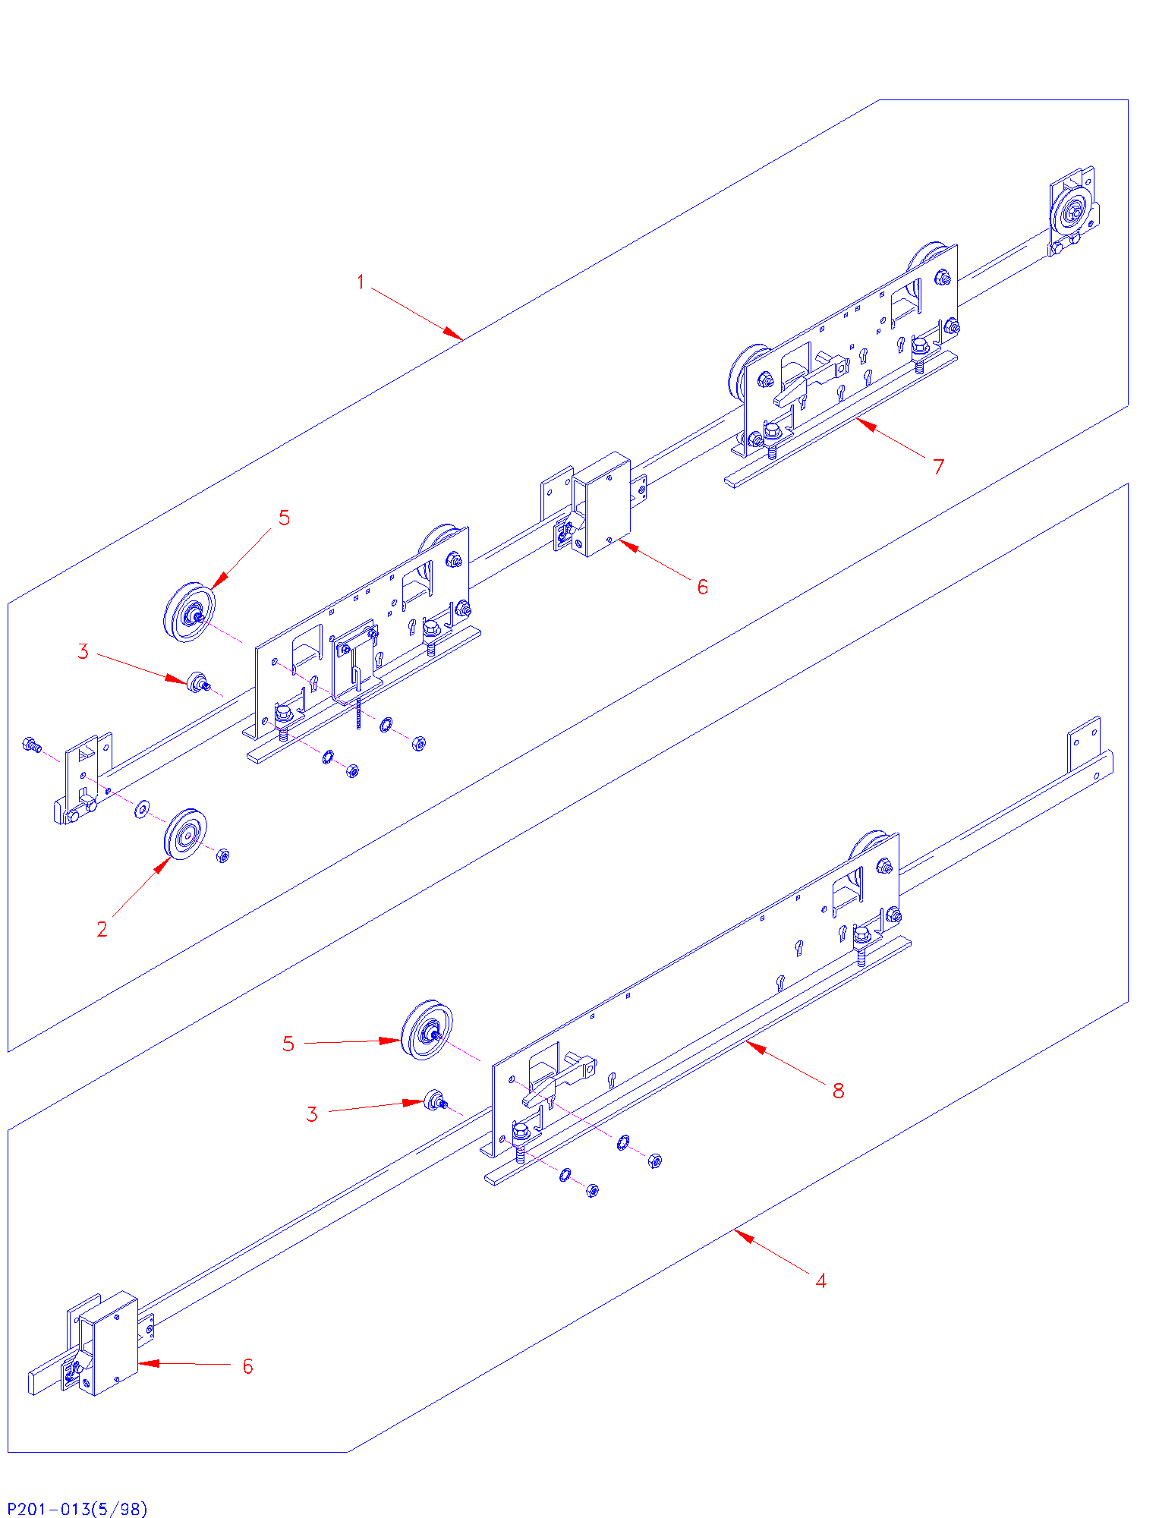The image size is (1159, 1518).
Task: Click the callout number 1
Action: (x=361, y=282)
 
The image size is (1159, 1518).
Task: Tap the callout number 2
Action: (x=102, y=929)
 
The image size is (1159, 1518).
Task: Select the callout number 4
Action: (x=820, y=1281)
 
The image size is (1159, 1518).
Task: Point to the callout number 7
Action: (x=939, y=466)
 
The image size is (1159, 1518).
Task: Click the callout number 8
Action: (x=838, y=1091)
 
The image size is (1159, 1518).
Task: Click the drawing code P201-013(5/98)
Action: (x=77, y=1508)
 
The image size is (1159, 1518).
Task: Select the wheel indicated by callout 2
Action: (x=185, y=835)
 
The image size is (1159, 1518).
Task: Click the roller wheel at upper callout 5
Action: (x=190, y=611)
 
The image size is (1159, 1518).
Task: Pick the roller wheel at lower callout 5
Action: (x=427, y=1029)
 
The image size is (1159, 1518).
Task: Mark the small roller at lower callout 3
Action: (x=435, y=1100)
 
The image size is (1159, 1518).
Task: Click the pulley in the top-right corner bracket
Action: (x=1073, y=211)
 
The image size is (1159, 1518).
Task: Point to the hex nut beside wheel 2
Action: (x=223, y=855)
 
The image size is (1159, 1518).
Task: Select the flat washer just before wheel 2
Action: (x=142, y=810)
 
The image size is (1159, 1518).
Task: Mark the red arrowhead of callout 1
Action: (x=458, y=337)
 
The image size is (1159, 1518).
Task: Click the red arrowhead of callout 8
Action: (x=749, y=1044)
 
